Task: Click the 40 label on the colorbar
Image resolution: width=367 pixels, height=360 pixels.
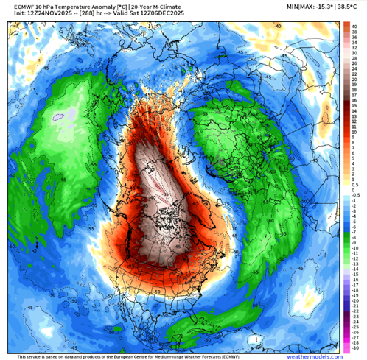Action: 355,26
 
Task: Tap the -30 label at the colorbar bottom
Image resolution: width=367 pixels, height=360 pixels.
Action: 355,345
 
